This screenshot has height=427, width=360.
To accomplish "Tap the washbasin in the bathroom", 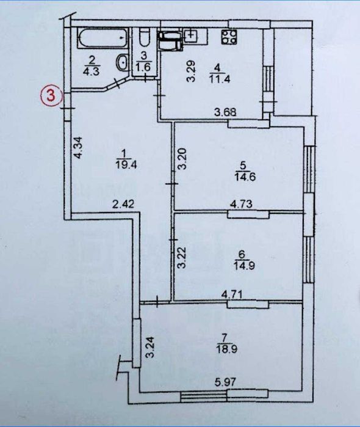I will coord(122,62).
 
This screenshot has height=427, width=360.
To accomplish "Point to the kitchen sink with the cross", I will coord(191,35).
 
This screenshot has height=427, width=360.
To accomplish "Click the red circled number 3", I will coord(52,95).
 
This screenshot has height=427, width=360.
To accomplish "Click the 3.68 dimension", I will coord(225,112).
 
